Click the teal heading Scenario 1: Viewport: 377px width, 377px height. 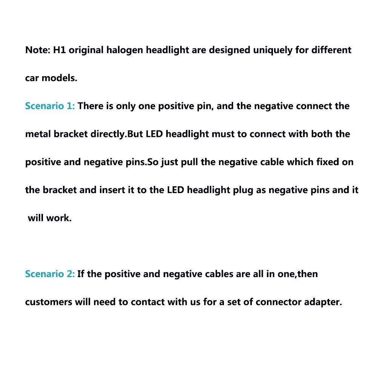tap(50, 106)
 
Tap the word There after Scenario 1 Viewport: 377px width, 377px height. tap(90, 106)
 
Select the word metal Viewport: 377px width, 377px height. tap(38, 134)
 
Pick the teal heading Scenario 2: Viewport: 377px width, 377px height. tap(50, 274)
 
